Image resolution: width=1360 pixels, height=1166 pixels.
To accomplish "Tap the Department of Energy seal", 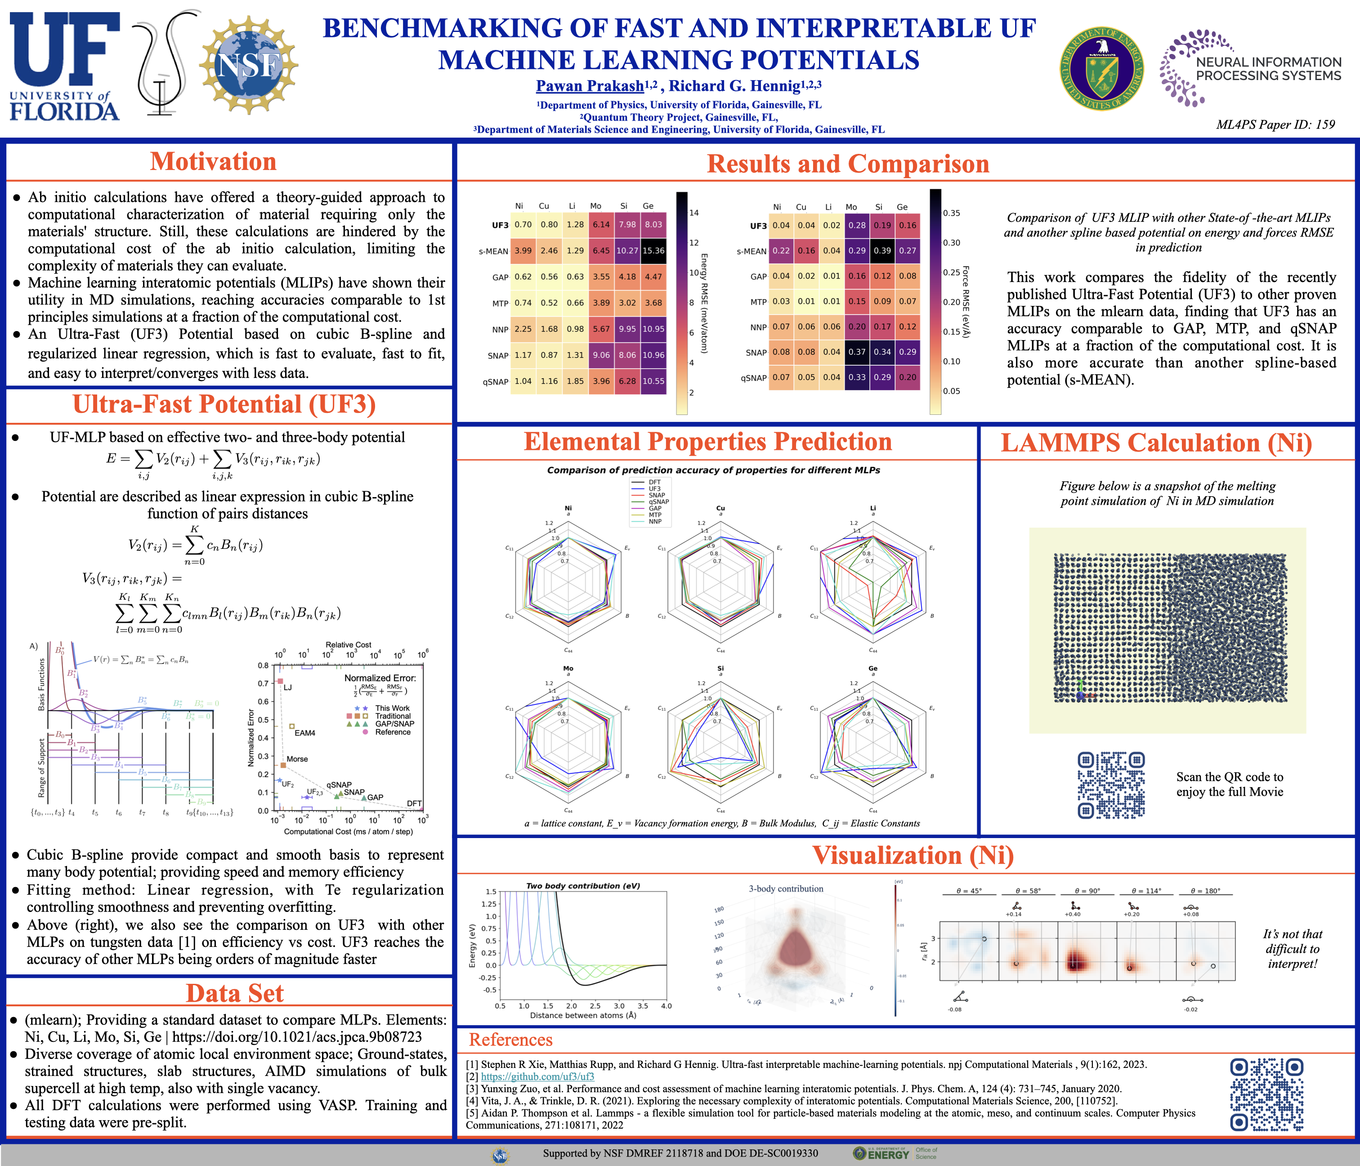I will coord(1101,68).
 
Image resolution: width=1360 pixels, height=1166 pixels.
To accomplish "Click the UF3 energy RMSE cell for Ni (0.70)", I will coord(523,224).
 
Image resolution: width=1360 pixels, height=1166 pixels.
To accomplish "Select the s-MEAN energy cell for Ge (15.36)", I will coord(653,251).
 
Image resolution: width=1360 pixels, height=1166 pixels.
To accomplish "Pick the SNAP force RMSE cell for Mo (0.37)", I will coord(857,352).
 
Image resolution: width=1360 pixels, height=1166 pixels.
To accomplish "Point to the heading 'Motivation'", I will coord(213,162).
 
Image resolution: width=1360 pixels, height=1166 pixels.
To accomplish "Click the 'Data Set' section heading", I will coord(234,993).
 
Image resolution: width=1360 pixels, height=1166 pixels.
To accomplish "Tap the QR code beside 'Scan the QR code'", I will coord(1111,785).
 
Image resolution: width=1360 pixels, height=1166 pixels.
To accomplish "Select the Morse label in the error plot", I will coord(297,759).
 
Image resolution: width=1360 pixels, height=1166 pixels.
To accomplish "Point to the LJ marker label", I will coord(287,687).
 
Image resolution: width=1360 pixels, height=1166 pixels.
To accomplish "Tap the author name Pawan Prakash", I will coord(590,86).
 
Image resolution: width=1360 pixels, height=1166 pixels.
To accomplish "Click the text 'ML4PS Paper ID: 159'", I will coord(1275,125).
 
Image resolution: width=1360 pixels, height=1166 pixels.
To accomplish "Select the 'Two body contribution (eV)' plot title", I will coord(583,886).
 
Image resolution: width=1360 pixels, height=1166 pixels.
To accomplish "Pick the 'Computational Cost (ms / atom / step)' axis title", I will coord(348,831).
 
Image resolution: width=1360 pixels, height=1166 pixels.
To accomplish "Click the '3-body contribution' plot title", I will coord(786,889).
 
